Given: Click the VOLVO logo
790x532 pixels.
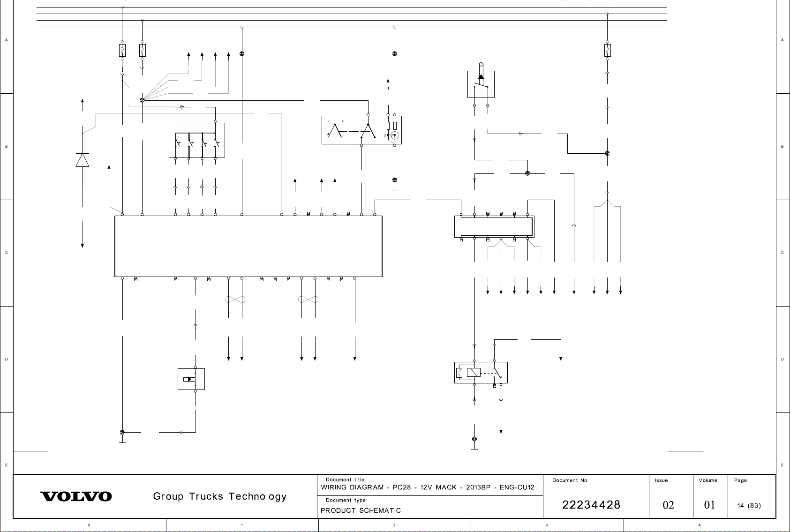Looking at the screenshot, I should (x=76, y=496).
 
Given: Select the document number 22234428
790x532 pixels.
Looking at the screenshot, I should (x=591, y=505).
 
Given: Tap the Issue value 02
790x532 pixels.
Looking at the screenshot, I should (x=668, y=505).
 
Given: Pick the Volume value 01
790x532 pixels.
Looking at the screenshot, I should (x=709, y=505).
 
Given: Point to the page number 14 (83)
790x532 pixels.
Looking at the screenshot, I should (x=749, y=506).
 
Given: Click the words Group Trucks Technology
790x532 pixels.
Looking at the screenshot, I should (x=220, y=496).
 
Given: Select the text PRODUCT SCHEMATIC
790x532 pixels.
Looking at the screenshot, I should (x=361, y=510).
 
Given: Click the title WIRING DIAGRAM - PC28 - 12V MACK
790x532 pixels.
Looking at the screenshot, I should (x=427, y=487).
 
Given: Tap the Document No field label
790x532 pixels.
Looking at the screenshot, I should (x=570, y=480).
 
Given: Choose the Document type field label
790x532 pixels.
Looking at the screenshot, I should (x=346, y=500).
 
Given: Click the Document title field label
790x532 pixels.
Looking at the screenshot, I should (x=345, y=480).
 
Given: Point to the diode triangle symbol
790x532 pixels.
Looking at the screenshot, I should (x=83, y=160).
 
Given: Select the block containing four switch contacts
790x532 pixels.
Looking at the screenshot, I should (x=196, y=140).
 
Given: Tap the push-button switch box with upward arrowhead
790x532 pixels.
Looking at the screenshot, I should (x=481, y=84).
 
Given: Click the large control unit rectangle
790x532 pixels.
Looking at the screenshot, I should (x=248, y=246).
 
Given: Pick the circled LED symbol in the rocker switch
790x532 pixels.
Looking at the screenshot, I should (x=395, y=135).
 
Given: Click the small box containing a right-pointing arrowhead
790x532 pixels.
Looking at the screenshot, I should (x=191, y=379).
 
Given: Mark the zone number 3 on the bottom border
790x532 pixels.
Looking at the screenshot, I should (x=547, y=525).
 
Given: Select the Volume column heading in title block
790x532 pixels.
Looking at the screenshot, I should (x=708, y=480).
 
